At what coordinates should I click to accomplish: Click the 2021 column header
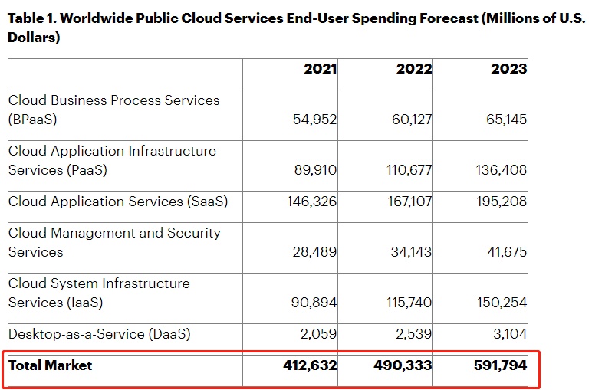tap(320, 69)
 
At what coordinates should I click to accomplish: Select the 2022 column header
tap(414, 69)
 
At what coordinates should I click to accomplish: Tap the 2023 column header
tap(509, 69)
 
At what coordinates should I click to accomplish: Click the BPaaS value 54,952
tap(315, 120)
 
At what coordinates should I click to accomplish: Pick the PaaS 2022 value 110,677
tap(409, 170)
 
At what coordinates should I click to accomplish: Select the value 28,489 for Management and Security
tap(315, 252)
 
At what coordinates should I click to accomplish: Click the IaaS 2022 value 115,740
tap(409, 303)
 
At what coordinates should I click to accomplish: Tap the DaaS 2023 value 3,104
tap(507, 334)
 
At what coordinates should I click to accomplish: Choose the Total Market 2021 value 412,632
tap(310, 365)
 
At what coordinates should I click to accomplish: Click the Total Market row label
tap(50, 365)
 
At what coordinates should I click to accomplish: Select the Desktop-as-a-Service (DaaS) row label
tap(100, 334)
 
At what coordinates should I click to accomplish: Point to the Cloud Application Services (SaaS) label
tap(118, 202)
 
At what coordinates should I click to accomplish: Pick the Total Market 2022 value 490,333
tap(403, 365)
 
